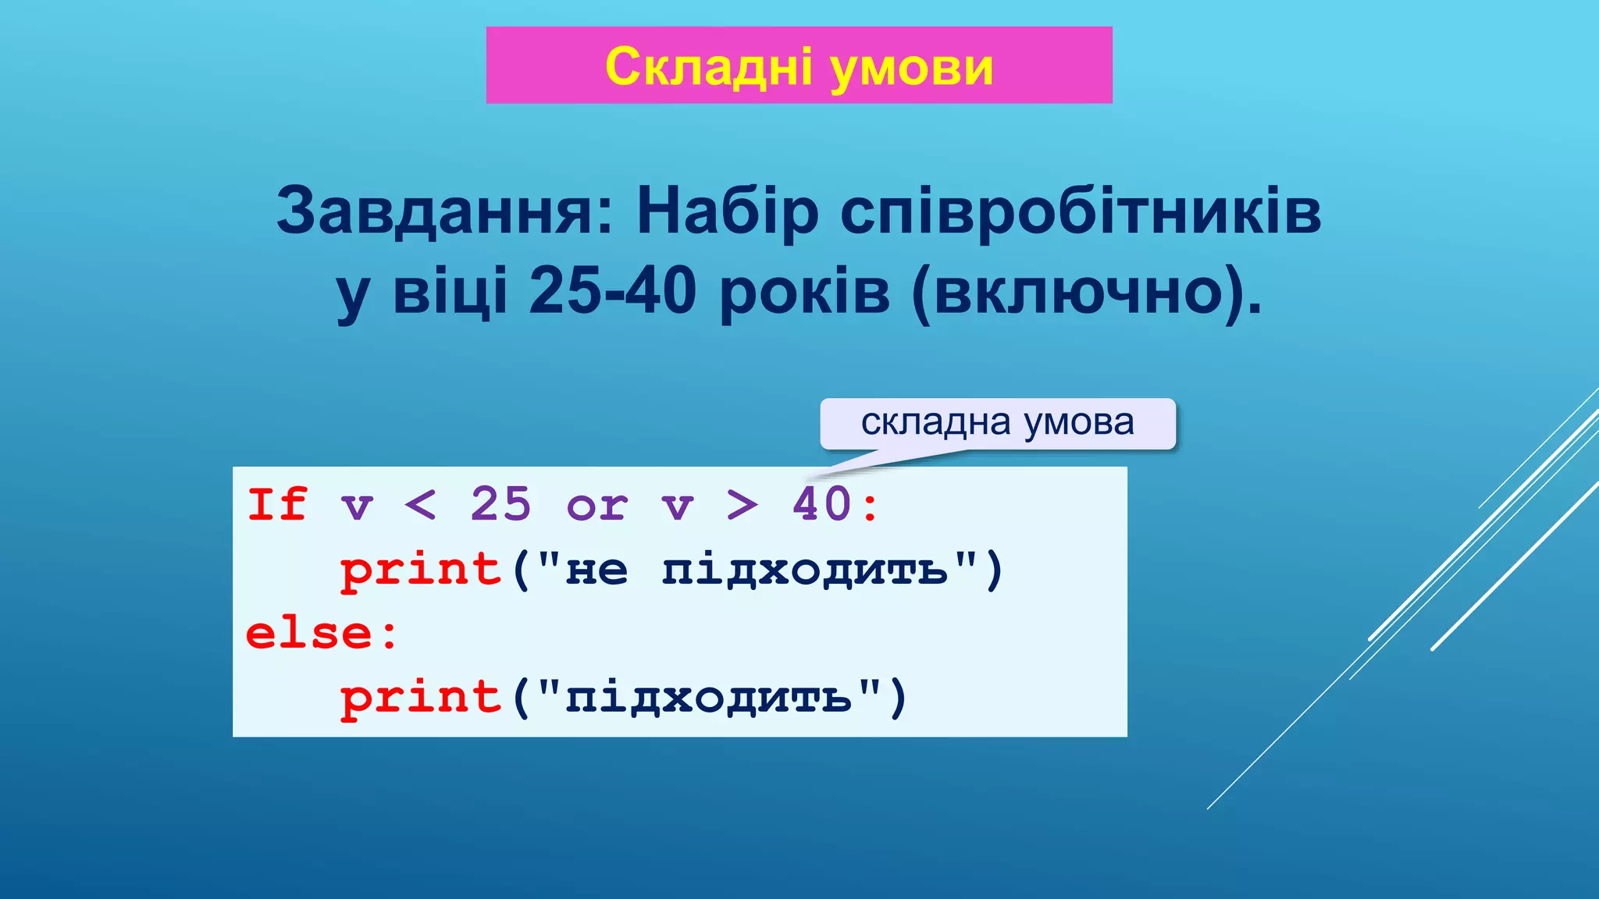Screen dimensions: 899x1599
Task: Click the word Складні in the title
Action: pos(708,66)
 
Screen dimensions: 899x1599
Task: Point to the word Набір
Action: pos(728,211)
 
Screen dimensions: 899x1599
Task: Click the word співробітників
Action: pos(1081,211)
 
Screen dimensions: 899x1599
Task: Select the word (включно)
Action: pos(1086,292)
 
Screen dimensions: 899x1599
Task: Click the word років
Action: pos(804,292)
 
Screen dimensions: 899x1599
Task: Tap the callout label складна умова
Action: pos(997,422)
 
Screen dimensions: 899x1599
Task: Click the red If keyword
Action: pos(276,504)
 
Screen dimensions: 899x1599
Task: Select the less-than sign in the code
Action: pos(420,505)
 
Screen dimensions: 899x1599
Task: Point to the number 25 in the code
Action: pos(500,504)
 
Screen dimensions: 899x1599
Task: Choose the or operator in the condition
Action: pos(597,506)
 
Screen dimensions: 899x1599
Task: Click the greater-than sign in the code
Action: pos(742,505)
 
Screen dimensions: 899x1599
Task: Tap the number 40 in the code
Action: pos(821,504)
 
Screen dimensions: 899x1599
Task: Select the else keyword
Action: pos(309,633)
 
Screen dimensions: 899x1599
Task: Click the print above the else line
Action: pos(420,570)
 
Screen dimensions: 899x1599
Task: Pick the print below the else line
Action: pos(420,697)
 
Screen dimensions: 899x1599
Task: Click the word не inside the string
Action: pos(597,570)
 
